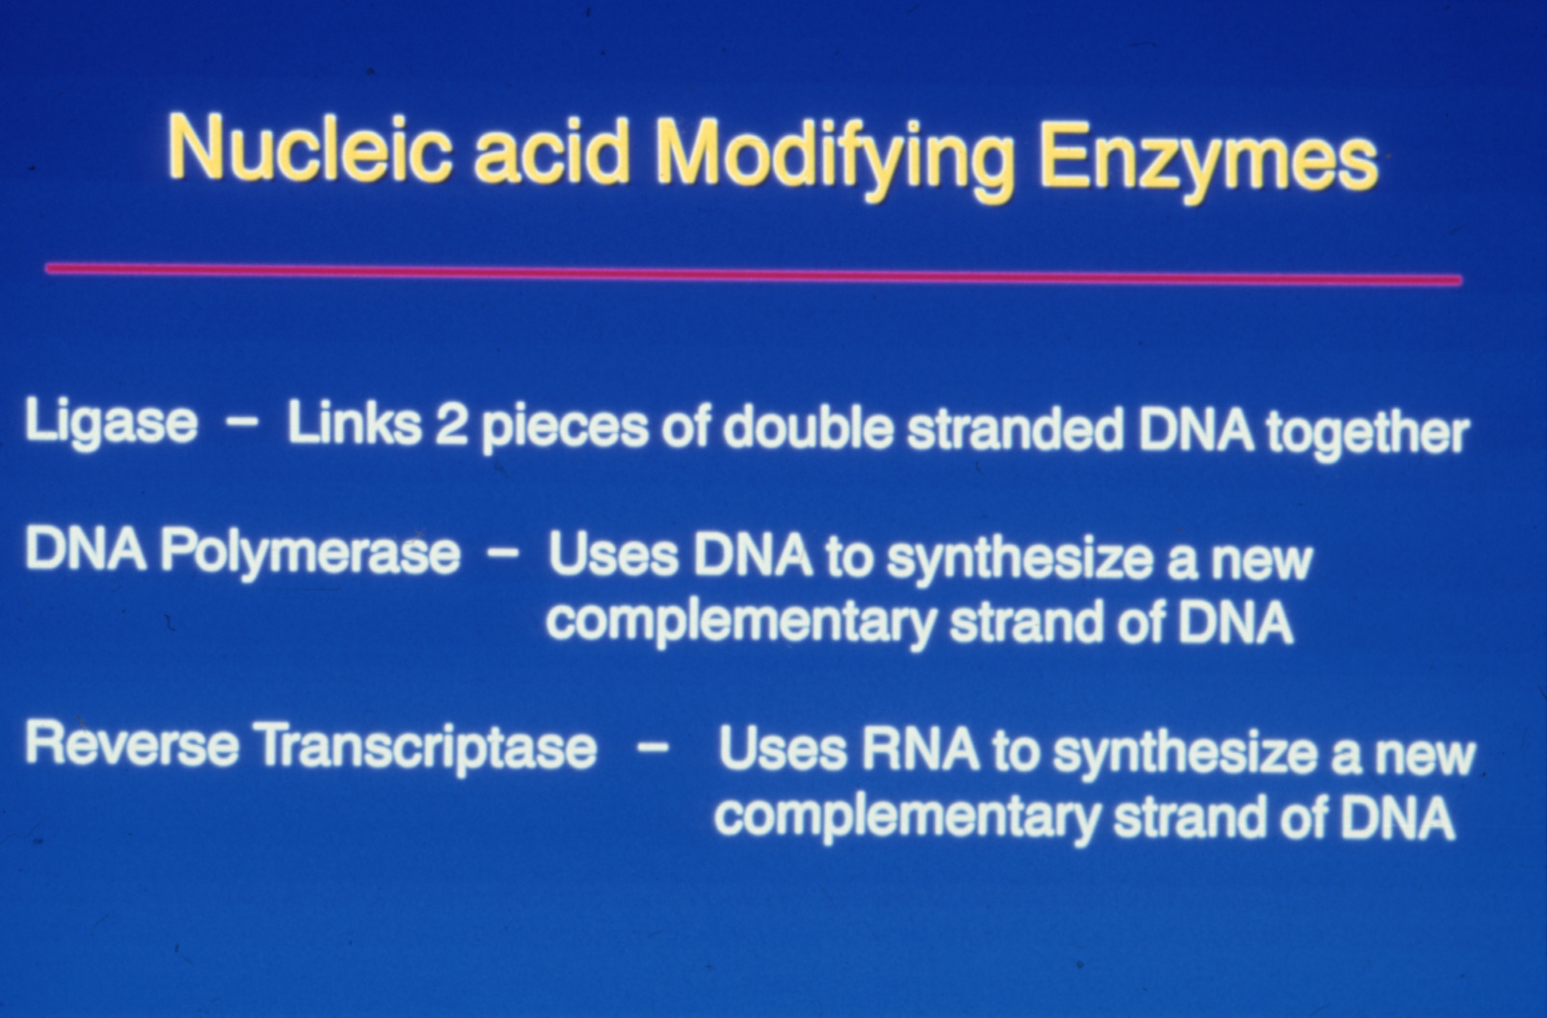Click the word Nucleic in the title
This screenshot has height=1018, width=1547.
309,149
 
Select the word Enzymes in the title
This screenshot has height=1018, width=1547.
1210,165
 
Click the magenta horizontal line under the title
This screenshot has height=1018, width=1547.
754,274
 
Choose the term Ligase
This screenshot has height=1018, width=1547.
111,423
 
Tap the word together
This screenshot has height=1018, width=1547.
1368,434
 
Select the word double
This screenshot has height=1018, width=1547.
809,427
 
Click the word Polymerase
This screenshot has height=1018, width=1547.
310,555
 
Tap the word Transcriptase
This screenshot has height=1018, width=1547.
428,750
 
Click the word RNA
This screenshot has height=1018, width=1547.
920,749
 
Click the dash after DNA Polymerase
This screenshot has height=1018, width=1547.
503,554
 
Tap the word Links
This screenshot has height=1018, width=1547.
354,423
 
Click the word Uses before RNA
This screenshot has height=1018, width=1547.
783,749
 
